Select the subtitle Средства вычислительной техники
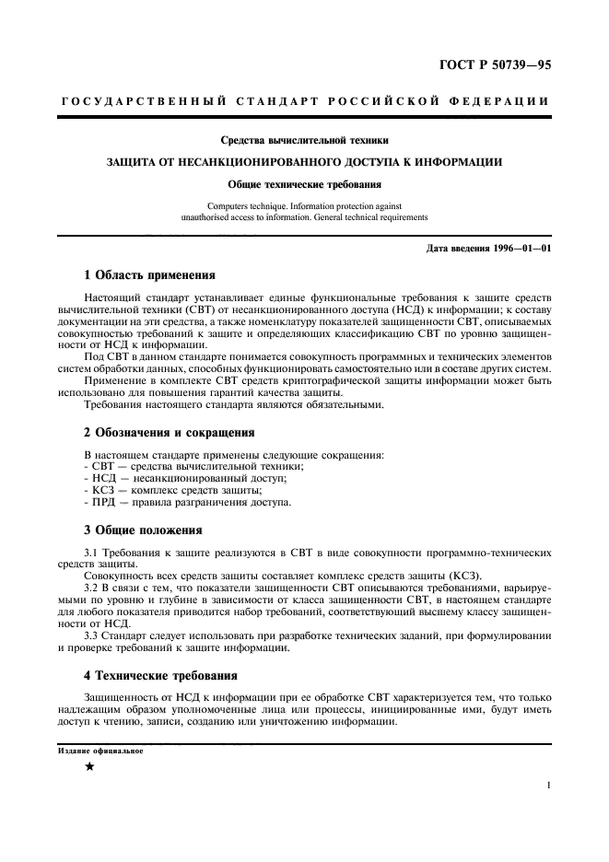(x=304, y=141)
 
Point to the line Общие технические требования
(x=304, y=184)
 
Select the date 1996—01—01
(x=512, y=250)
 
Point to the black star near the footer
(x=89, y=767)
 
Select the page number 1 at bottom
(x=548, y=786)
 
